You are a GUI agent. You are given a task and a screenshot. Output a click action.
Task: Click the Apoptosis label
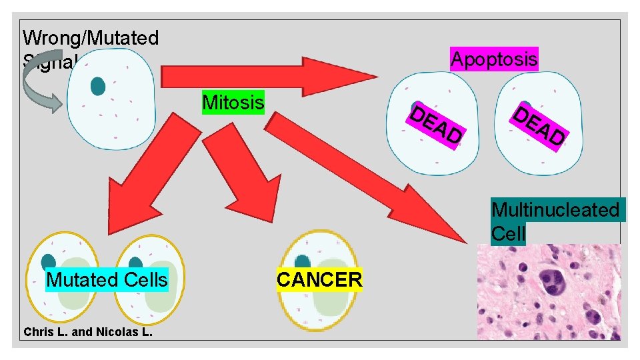click(494, 59)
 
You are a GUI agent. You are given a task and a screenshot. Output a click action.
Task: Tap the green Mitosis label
click(233, 103)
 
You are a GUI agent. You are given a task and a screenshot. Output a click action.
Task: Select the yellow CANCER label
click(319, 279)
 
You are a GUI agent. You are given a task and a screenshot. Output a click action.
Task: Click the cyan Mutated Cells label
click(107, 279)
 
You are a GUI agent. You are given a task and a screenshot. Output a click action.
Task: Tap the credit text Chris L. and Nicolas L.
click(88, 331)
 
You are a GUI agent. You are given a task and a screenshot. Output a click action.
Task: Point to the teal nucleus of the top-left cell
click(98, 85)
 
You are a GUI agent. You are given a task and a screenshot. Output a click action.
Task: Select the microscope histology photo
click(548, 291)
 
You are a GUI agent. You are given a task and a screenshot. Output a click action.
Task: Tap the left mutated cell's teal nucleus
click(49, 263)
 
